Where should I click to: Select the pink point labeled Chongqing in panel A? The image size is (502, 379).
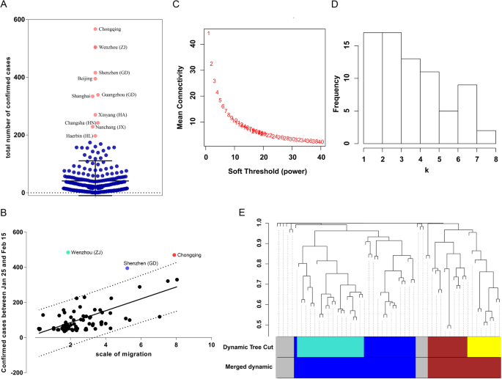95,29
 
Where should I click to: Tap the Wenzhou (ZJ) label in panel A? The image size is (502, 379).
113,47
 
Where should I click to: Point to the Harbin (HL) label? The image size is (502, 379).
77,136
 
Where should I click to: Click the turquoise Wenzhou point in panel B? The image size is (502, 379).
68,252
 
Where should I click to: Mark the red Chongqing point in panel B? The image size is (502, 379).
174,255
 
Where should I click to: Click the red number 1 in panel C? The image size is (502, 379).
208,33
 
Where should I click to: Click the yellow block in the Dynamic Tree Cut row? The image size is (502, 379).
484,346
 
